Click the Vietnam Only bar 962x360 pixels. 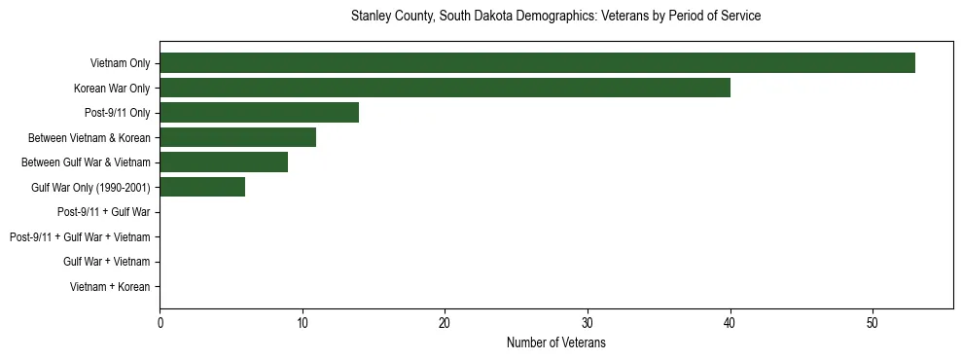click(x=537, y=63)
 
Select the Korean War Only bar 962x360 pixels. click(x=445, y=89)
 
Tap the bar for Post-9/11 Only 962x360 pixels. click(x=259, y=113)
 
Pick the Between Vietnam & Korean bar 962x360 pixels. click(x=237, y=138)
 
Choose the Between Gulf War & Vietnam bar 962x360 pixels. click(x=224, y=162)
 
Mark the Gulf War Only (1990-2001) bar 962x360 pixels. click(x=202, y=187)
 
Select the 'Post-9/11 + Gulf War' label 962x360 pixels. click(x=103, y=212)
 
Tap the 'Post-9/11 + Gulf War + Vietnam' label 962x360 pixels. click(x=80, y=237)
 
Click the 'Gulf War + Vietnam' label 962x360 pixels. click(x=106, y=262)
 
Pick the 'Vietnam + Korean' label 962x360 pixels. click(x=110, y=287)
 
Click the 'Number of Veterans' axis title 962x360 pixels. click(x=556, y=342)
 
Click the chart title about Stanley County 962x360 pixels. click(x=555, y=17)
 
